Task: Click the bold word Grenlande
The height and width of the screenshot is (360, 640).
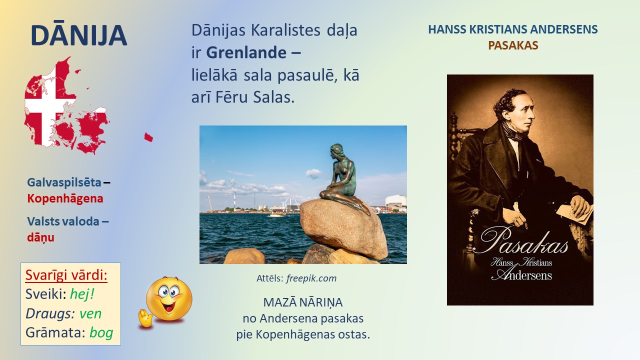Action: coord(246,52)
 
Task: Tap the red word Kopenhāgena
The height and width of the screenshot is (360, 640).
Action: coord(65,198)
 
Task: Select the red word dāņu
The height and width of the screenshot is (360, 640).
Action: coord(41,237)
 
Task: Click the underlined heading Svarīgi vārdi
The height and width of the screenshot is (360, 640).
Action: coord(66,275)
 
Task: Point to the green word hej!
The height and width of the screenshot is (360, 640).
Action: coord(82,294)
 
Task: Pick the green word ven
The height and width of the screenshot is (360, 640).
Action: coord(90,313)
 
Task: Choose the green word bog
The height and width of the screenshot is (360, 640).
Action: coord(101,333)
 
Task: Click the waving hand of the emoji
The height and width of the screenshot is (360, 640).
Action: coord(145,318)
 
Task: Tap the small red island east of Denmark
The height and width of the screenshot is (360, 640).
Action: coord(148,137)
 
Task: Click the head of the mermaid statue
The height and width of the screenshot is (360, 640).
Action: coord(337,151)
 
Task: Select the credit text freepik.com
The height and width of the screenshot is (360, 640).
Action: coord(311,278)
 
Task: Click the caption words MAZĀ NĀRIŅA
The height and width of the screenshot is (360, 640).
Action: coord(303,302)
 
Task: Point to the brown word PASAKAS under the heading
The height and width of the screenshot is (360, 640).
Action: coord(513,45)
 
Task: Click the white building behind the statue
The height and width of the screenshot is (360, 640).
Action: coord(396,202)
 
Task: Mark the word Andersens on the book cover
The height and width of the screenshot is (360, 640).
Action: coord(523,275)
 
